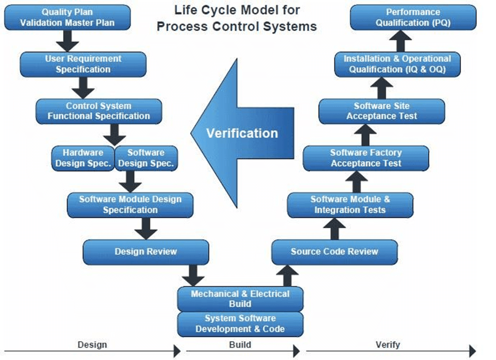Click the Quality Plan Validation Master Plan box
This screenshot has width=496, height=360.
tap(67, 17)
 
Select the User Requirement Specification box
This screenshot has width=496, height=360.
tap(83, 64)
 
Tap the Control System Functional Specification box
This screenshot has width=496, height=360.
tap(99, 111)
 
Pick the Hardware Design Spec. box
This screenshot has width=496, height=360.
tap(83, 158)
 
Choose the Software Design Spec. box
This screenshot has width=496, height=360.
tap(146, 158)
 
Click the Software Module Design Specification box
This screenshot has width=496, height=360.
tap(130, 204)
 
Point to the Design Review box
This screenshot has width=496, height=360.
tap(146, 252)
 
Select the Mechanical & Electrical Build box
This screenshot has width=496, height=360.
tap(240, 298)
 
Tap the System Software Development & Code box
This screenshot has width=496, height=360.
tap(240, 324)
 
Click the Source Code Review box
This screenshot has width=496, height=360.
tap(334, 252)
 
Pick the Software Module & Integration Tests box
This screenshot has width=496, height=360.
tap(350, 204)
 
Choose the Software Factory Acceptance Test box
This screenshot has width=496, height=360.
tap(366, 158)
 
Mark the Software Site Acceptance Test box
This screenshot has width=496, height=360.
tap(382, 111)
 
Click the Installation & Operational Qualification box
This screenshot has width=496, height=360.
tap(397, 64)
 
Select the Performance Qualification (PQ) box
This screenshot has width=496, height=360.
tap(413, 17)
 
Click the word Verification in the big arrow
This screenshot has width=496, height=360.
tap(242, 133)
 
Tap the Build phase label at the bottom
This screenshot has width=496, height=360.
tap(240, 345)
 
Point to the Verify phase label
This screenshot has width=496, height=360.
tap(388, 345)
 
